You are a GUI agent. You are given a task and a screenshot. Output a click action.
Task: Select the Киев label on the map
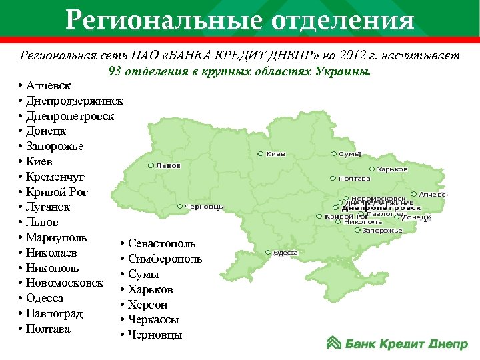coord(275,154)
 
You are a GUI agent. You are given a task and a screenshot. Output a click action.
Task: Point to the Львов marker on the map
coord(151,165)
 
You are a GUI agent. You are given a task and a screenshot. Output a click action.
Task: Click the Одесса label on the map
coord(286,253)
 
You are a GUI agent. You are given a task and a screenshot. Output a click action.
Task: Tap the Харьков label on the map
coord(393,169)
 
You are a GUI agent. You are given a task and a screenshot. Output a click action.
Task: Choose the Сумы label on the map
coord(349,154)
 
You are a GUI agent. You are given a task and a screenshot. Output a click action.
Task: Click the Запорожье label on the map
coord(383,230)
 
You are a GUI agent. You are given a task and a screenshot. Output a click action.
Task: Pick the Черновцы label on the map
coord(204,207)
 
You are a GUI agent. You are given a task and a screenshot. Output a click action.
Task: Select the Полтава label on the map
coord(355,179)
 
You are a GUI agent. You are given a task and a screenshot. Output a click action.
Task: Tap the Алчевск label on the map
coord(433,194)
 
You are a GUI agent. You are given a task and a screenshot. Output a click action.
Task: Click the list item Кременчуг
coord(56,177)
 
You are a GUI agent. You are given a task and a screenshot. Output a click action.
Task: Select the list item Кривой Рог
coord(57,192)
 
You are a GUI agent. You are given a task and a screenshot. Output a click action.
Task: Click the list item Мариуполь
coord(57,237)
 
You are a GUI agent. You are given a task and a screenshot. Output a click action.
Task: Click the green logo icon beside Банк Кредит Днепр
coord(334,343)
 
